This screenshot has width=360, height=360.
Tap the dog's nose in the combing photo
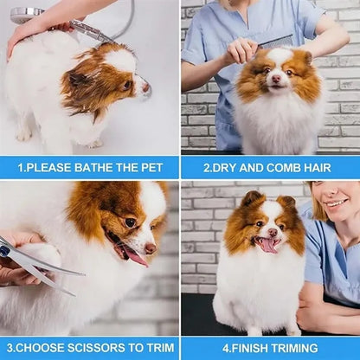276,78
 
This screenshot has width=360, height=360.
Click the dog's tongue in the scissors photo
135,257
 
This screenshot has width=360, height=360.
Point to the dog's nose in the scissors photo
151,248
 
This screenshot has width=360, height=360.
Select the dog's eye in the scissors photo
131,222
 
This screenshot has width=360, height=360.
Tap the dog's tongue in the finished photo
268,246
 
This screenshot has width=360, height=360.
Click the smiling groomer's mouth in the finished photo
336,203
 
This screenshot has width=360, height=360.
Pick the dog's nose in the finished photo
273,231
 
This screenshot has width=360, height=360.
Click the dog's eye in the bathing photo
126,85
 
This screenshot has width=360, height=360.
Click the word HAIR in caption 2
318,168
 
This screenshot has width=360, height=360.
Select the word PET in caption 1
151,168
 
